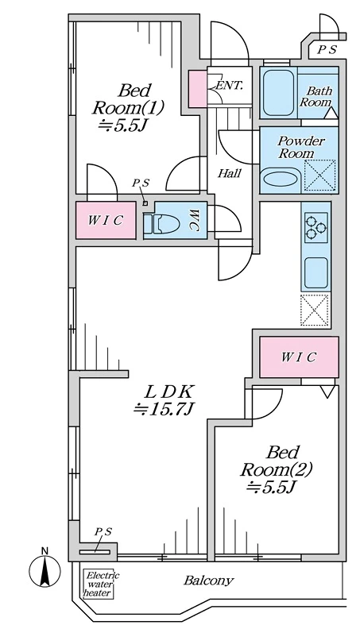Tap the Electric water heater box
(98, 584)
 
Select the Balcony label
(208, 581)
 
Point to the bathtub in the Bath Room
(279, 92)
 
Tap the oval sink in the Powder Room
(281, 178)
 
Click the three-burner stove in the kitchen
(315, 228)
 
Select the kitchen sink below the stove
(316, 272)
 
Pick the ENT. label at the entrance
(229, 85)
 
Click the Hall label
(230, 173)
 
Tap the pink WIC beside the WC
(106, 221)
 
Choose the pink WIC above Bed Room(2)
(299, 357)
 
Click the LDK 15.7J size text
(164, 400)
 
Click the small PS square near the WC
(145, 203)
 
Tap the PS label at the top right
(327, 50)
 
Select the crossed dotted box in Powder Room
(319, 176)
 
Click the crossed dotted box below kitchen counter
(315, 310)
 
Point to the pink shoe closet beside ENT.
(197, 88)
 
